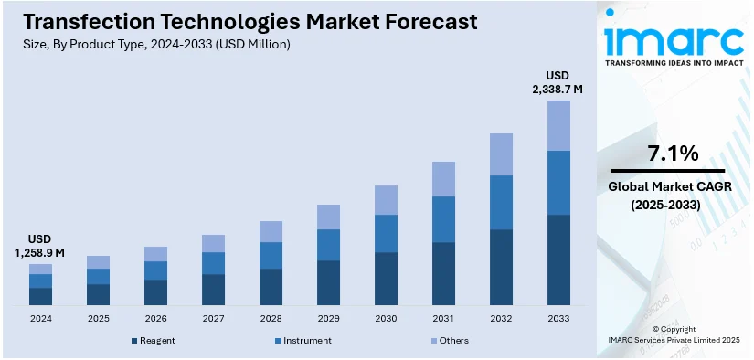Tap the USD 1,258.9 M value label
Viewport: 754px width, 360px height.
[40, 245]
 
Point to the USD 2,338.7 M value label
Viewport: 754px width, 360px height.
[558, 81]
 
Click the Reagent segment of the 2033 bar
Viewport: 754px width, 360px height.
[558, 259]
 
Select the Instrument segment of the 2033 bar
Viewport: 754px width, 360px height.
[558, 183]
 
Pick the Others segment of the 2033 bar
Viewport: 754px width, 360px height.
[558, 125]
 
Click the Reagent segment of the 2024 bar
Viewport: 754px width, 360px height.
[40, 296]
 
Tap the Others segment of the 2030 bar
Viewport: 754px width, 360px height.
[386, 200]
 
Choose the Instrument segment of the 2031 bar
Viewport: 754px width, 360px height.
[443, 219]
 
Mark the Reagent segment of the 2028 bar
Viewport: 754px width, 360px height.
[271, 287]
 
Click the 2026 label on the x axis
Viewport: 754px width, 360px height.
[155, 318]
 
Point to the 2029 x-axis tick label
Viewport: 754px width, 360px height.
[328, 318]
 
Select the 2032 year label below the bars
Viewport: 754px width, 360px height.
[501, 318]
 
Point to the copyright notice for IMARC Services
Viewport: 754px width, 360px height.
[674, 334]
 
